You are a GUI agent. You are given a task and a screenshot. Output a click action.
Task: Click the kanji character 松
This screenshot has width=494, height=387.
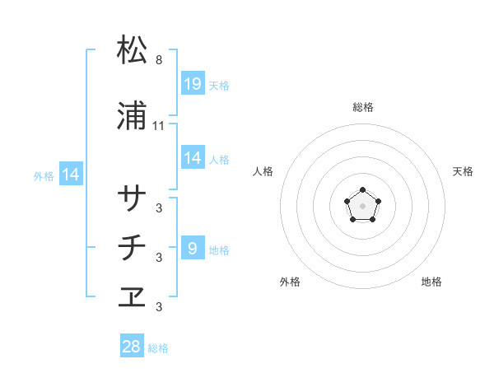pyautogui.click(x=133, y=50)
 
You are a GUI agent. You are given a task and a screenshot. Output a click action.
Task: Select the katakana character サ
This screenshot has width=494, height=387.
pyautogui.click(x=133, y=198)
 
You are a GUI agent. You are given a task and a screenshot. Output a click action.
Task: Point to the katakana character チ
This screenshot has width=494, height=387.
pyautogui.click(x=133, y=248)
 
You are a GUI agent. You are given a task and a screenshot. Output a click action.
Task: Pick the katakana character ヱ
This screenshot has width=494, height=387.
pyautogui.click(x=133, y=297)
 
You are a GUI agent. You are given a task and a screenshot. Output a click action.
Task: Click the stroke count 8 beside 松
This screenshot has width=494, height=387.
pyautogui.click(x=159, y=60)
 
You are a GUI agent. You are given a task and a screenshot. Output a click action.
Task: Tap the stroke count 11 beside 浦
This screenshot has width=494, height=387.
pyautogui.click(x=159, y=126)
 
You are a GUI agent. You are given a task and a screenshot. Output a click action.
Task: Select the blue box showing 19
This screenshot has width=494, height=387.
pyautogui.click(x=193, y=83)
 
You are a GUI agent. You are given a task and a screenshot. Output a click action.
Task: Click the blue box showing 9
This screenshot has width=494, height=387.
pyautogui.click(x=193, y=249)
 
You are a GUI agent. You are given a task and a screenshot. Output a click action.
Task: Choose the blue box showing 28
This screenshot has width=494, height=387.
pyautogui.click(x=132, y=347)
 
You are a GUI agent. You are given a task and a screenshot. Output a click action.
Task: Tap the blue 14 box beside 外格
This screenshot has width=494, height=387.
pyautogui.click(x=70, y=175)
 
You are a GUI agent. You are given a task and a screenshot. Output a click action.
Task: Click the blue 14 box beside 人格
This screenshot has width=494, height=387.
pyautogui.click(x=193, y=158)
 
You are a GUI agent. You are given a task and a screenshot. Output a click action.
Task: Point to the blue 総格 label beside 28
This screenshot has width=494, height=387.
pyautogui.click(x=158, y=348)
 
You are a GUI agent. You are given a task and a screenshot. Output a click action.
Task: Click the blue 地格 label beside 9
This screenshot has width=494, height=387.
pyautogui.click(x=219, y=249)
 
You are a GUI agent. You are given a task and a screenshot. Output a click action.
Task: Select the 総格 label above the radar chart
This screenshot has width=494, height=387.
pyautogui.click(x=363, y=108)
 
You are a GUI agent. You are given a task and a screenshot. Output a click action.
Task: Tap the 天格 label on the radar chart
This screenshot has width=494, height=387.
pyautogui.click(x=463, y=171)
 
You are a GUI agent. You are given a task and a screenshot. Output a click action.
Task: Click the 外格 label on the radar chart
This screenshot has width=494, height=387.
pyautogui.click(x=290, y=282)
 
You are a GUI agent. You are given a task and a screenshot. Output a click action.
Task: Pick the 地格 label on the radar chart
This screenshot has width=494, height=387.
pyautogui.click(x=431, y=282)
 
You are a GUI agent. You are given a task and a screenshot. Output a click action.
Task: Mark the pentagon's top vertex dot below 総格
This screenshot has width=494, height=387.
pyautogui.click(x=362, y=190)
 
